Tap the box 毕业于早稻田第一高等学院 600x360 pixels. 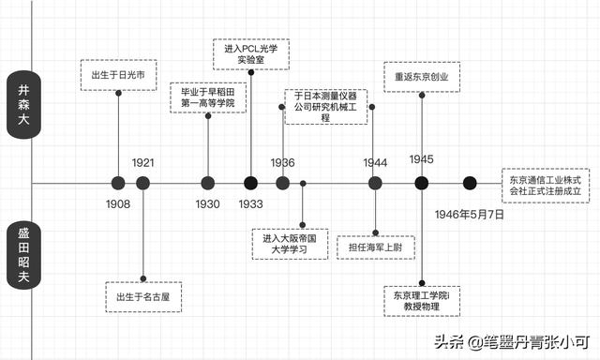point(207,97)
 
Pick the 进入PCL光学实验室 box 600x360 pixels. point(250,53)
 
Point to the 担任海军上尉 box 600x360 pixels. point(376,247)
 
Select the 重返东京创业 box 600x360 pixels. point(421,76)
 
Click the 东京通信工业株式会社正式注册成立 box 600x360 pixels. point(546,184)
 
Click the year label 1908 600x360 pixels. point(118,203)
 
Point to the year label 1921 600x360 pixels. point(142,162)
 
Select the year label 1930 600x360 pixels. point(208,203)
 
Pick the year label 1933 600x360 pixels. point(250,203)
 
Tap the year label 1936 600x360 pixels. point(283,162)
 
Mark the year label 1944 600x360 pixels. point(375,162)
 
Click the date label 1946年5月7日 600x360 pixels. point(469,215)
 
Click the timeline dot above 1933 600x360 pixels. point(250,183)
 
